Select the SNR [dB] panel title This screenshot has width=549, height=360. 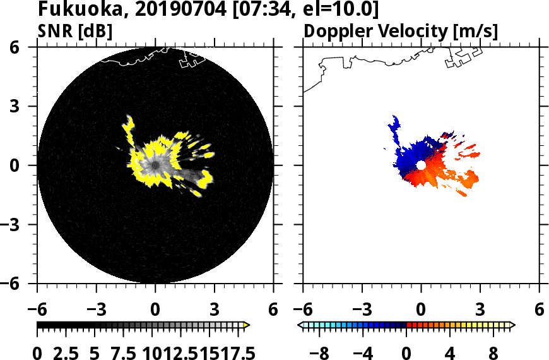point(75,30)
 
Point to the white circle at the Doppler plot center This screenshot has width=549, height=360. point(421,165)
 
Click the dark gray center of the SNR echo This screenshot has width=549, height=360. point(154,165)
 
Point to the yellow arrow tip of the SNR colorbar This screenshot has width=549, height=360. point(247,325)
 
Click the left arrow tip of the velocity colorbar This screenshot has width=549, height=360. point(300,325)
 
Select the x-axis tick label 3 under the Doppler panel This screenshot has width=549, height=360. point(480,309)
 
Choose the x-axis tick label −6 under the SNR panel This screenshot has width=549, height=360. point(37,309)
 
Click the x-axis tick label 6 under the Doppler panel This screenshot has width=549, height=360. point(539,309)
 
